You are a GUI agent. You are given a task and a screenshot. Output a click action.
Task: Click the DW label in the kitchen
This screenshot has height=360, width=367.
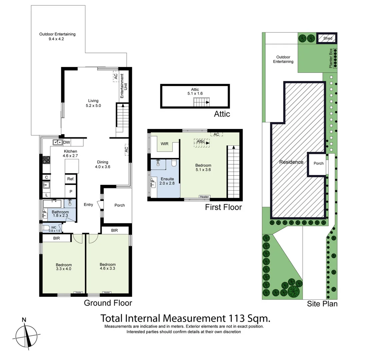coord(67,143)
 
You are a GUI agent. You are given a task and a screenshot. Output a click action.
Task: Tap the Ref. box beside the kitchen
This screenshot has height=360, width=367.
coord(71,179)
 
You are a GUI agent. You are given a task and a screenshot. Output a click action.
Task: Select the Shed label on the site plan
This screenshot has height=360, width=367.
coord(328,38)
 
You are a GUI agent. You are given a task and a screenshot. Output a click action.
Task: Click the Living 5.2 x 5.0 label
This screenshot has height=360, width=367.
coord(93,103)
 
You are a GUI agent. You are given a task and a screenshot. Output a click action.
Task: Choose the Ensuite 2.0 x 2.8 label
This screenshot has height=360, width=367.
coord(166,181)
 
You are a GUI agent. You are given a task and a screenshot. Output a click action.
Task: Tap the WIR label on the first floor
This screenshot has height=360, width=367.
coord(164,144)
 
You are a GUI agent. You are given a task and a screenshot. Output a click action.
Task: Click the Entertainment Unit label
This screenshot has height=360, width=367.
coord(122,86)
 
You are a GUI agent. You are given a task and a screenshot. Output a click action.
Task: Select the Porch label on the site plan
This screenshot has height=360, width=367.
coord(319,163)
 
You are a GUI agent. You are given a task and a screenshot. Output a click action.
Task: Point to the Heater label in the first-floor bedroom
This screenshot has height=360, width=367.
coord(204,197)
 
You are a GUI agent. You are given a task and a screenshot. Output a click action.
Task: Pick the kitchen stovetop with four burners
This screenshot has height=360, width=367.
coord(46,159)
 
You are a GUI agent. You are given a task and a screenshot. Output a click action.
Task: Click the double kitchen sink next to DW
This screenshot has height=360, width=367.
coord(57,143)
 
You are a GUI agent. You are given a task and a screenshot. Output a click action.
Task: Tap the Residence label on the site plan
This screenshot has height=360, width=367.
coord(291,162)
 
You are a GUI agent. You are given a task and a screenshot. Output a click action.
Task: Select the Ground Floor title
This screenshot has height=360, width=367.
coord(108,303)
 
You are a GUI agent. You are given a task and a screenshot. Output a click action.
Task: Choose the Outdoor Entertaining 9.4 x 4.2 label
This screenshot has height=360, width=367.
coord(57,36)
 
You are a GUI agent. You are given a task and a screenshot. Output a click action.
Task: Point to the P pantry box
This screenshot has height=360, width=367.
coord(71,192)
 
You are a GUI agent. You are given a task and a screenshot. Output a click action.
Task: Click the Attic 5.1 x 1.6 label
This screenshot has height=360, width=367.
coord(195,92)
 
